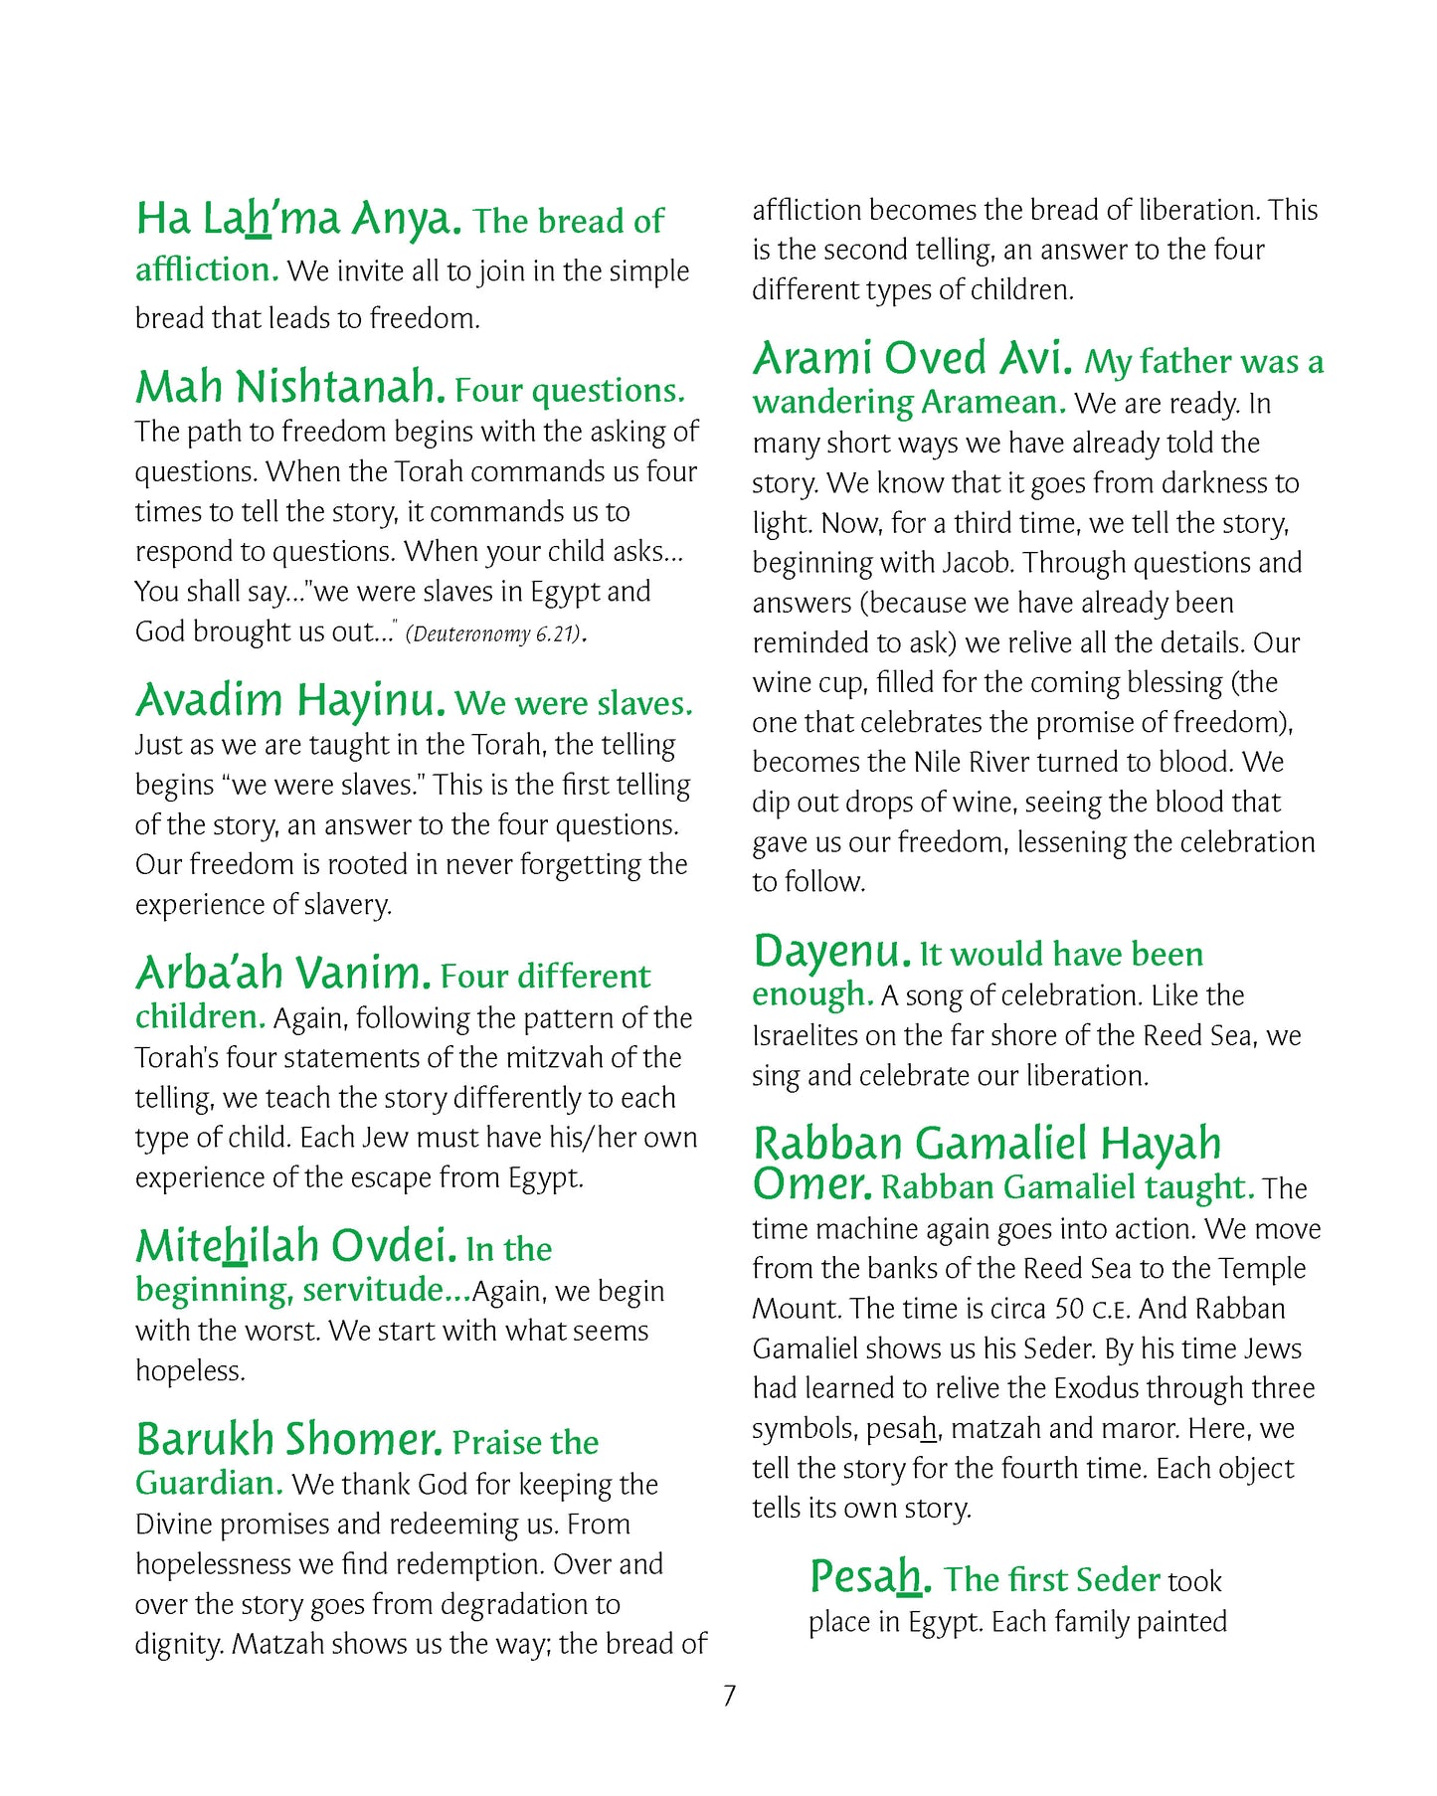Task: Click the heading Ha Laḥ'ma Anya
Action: coord(298,220)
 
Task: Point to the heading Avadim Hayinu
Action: coord(289,701)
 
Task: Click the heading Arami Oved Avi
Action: coord(912,359)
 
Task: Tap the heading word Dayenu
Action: coord(831,952)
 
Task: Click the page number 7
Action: coord(729,1696)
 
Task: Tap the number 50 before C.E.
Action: coord(1069,1309)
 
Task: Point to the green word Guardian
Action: coord(208,1484)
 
